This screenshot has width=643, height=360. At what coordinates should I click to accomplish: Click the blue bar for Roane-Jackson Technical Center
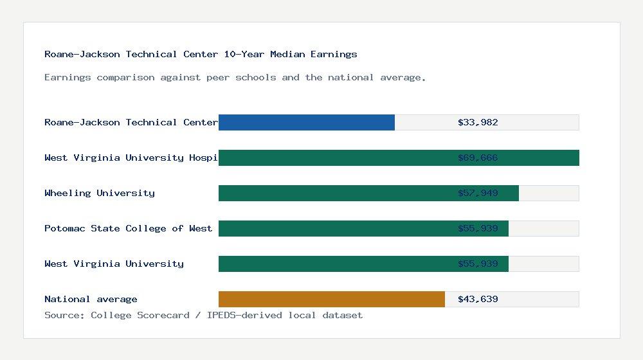(x=307, y=122)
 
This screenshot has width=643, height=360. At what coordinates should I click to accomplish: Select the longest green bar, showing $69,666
(x=399, y=157)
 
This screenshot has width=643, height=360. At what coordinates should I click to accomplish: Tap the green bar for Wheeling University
(x=368, y=193)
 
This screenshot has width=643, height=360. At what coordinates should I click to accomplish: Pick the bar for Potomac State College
(x=363, y=228)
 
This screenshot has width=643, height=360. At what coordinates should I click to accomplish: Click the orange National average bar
(x=332, y=299)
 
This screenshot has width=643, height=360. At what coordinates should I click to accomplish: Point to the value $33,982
(x=478, y=122)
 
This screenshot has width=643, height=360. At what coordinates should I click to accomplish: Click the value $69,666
(x=478, y=157)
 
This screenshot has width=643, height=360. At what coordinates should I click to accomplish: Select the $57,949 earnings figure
(x=478, y=193)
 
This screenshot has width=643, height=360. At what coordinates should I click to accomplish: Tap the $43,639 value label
(x=478, y=299)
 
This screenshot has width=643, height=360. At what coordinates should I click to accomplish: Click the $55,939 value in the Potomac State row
(x=478, y=228)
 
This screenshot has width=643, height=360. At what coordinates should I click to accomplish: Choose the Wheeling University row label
(x=100, y=193)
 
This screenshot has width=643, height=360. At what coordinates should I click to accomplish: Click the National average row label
(x=91, y=299)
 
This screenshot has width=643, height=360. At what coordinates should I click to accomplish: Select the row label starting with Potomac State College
(x=128, y=228)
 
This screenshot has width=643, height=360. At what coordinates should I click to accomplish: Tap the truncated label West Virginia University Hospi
(x=131, y=157)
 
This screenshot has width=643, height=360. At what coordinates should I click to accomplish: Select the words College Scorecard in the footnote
(x=140, y=315)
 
